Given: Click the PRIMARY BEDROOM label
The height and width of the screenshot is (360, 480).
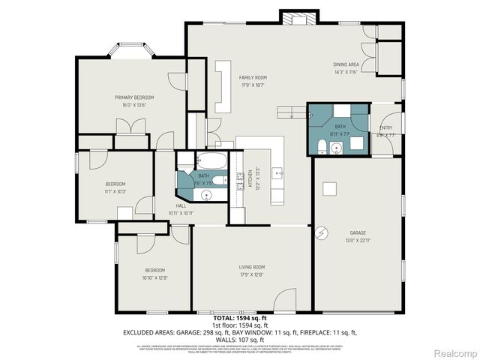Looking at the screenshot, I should pyautogui.click(x=134, y=97).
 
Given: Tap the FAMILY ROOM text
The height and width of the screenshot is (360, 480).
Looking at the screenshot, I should pyautogui.click(x=253, y=78).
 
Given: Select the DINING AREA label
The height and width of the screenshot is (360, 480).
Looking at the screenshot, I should pyautogui.click(x=346, y=65).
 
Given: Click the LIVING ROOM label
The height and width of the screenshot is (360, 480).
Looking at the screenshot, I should pyautogui.click(x=252, y=267).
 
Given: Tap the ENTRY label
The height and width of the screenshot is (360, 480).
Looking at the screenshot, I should pyautogui.click(x=386, y=128).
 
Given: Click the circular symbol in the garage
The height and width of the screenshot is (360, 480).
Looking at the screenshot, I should pyautogui.click(x=321, y=232).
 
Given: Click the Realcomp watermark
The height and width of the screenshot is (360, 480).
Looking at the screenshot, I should pyautogui.click(x=455, y=352).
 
